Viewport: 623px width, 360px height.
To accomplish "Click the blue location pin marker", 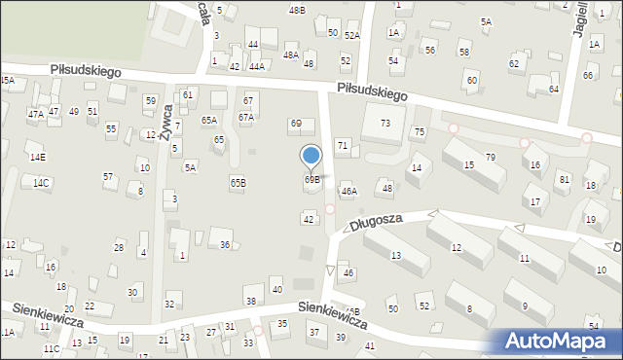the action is [x=311, y=156].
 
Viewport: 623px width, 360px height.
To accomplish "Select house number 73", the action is [x=385, y=123].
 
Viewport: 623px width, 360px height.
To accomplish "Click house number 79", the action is [x=491, y=157].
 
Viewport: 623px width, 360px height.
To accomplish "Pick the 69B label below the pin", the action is [x=311, y=179].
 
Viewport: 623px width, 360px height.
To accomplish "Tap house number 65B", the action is [x=238, y=182].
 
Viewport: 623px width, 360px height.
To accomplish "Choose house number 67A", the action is [x=245, y=117].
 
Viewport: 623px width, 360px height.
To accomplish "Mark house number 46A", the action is [x=349, y=192].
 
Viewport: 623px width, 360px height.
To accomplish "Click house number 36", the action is [x=225, y=244].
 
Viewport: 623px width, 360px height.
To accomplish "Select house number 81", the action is [x=564, y=179].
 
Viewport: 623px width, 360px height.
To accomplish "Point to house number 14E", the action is [x=37, y=157].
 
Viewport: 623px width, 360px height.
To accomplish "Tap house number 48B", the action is [x=297, y=10].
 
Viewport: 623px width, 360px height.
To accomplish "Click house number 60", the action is [x=472, y=80].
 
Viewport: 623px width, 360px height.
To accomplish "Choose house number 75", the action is [x=420, y=131].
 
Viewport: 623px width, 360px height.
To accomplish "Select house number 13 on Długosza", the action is [x=396, y=255].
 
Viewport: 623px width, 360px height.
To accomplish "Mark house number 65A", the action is [x=209, y=120].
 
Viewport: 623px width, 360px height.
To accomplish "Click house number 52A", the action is [x=351, y=35].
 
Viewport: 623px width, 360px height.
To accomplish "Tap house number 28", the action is [x=119, y=247].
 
